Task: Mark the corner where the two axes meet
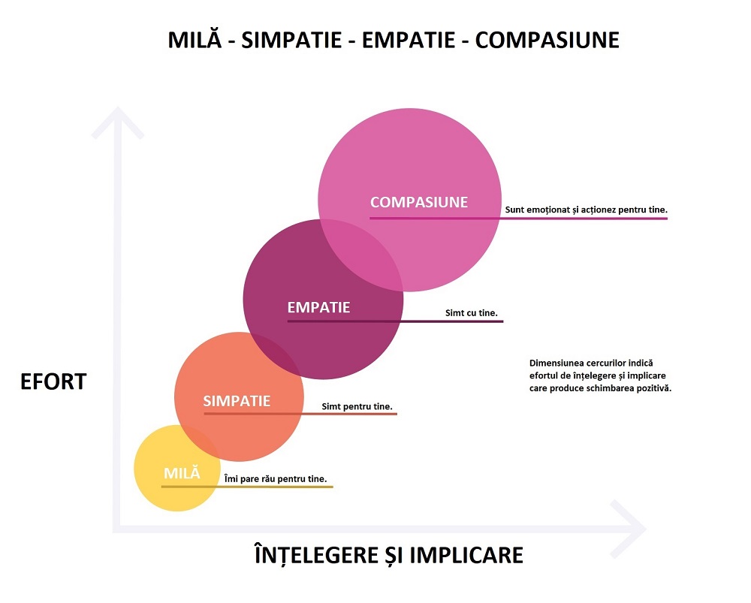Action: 116,529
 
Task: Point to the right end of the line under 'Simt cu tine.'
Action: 503,321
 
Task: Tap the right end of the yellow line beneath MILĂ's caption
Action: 333,487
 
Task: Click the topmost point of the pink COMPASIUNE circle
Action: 409,108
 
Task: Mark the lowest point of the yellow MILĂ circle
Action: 177,511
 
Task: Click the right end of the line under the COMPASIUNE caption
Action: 667,219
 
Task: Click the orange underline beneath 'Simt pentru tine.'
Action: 300,413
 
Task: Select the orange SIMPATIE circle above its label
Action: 239,364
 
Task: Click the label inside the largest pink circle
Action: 419,202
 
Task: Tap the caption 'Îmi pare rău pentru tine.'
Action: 276,479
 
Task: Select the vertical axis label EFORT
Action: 53,381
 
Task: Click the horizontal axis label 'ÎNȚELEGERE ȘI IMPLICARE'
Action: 388,555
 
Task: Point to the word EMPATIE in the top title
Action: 408,40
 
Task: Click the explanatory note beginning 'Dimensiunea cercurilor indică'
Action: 600,375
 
